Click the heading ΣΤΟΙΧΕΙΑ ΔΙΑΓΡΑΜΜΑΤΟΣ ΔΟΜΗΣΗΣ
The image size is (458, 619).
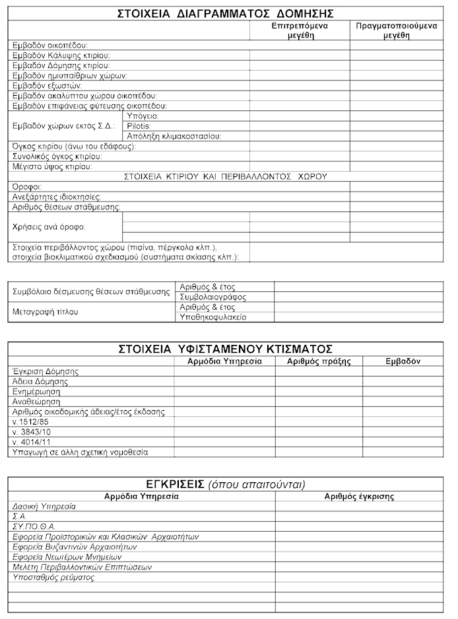click(225, 13)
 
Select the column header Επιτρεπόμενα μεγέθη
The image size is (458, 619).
click(301, 31)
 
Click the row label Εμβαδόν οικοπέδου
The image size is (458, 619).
click(50, 46)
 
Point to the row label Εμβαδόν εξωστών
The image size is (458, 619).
click(47, 86)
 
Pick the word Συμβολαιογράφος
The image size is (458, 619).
click(209, 297)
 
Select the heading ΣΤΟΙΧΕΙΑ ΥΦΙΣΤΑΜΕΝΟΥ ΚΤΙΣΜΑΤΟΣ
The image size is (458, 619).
click(225, 348)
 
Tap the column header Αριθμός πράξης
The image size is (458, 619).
click(319, 361)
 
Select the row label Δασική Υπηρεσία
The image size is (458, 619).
click(44, 507)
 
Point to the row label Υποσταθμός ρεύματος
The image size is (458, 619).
click(53, 577)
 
